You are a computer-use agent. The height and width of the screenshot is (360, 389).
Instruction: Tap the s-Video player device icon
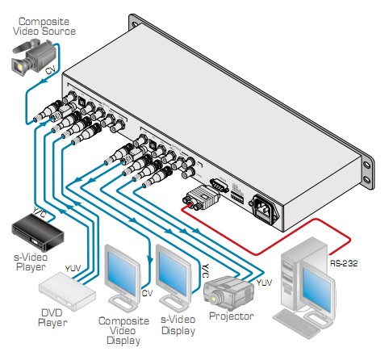[x=37, y=232]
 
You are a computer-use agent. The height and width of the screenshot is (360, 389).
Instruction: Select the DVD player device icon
[x=67, y=291]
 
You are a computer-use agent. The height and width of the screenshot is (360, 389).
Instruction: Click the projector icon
[x=228, y=293]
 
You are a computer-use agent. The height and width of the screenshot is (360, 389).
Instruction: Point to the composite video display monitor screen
[x=123, y=272]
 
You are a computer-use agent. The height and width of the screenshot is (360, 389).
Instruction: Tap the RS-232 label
[x=344, y=263]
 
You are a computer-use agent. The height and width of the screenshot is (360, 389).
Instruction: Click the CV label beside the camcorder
[x=50, y=70]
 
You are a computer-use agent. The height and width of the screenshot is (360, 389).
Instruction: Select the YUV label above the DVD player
[x=73, y=268]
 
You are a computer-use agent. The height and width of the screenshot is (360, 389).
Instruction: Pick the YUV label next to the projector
[x=264, y=283]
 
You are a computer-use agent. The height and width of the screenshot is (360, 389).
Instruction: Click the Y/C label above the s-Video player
[x=40, y=213]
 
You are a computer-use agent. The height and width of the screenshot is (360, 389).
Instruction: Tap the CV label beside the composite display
[x=147, y=293]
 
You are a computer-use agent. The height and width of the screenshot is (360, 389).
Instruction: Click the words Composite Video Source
[x=44, y=27]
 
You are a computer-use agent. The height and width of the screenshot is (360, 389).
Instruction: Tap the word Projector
[x=232, y=316]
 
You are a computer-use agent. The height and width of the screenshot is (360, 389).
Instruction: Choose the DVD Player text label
[x=52, y=318]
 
